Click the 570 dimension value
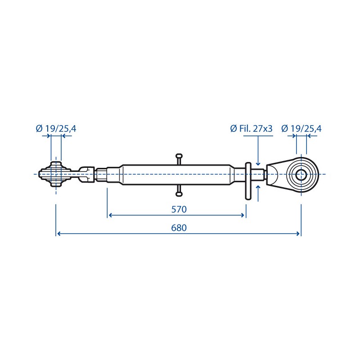point(179,209)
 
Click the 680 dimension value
point(179,228)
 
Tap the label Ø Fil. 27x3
point(251,129)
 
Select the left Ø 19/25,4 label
point(56,129)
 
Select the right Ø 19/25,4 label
point(301,129)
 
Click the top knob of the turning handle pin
point(179,156)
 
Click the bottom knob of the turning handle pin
point(179,194)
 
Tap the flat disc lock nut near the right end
point(248,181)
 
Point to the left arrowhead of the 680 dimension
point(59,234)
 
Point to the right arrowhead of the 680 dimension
point(298,234)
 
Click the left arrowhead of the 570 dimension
point(110,215)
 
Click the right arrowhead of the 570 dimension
point(242,215)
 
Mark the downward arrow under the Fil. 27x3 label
point(258,150)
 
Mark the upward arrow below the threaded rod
point(258,193)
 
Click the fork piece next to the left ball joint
point(86,175)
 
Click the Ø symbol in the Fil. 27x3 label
point(234,129)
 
